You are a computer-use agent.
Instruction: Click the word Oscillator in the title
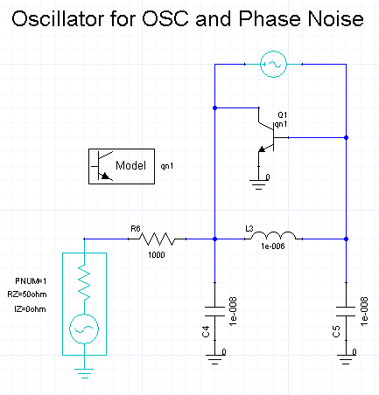59,19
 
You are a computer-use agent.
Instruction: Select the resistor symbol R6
157,239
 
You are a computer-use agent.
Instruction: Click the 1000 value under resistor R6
157,255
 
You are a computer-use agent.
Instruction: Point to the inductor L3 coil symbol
273,235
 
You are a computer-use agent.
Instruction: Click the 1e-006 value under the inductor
273,246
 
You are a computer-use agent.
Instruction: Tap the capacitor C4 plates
215,311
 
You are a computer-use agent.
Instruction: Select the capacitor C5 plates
346,311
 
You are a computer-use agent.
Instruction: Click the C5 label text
336,331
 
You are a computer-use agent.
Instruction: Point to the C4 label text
206,331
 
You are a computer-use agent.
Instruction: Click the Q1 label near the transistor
283,114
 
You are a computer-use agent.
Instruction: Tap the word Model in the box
130,165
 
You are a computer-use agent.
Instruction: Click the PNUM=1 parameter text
31,281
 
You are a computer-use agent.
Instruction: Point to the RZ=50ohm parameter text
27,295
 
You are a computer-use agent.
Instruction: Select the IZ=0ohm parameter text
30,309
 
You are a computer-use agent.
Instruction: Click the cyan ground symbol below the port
84,373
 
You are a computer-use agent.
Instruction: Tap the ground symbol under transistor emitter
258,184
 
